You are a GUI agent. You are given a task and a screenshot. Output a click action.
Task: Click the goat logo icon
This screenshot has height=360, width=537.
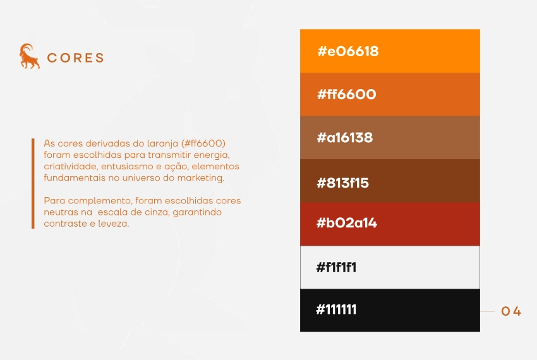tap(29, 57)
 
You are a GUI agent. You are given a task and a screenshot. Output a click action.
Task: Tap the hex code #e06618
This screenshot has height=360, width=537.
tap(347, 51)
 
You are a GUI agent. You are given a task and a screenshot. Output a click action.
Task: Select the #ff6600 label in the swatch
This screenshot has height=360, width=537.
tap(346, 95)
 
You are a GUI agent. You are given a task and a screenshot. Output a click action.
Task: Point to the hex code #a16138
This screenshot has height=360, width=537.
tap(344, 138)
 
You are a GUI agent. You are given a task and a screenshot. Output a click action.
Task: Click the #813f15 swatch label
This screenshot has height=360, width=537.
tap(342, 183)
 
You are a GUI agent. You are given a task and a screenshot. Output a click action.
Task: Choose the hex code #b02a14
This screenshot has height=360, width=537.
tap(346, 223)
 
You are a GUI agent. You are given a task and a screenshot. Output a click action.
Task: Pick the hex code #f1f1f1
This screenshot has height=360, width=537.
tap(336, 267)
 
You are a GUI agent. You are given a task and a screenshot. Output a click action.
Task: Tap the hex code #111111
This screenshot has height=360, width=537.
tap(336, 310)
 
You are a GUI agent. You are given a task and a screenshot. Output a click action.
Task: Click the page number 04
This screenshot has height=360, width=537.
tap(511, 311)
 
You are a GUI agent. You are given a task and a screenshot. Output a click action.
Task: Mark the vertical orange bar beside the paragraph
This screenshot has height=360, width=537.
tap(33, 183)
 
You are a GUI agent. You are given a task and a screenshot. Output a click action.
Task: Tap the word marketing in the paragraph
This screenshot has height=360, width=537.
tap(203, 178)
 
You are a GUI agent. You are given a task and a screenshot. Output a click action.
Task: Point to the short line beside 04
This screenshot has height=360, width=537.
tap(487, 311)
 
